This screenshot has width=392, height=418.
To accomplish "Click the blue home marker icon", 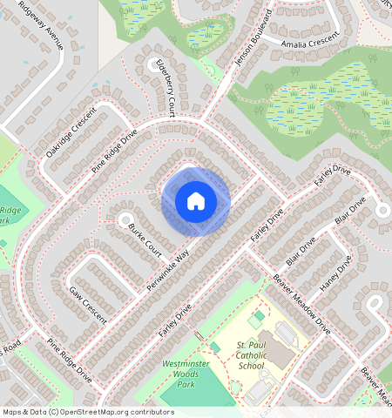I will point(196,202).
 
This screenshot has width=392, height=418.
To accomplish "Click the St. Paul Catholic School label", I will point(251,355).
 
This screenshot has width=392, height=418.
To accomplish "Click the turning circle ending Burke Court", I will point(125,220).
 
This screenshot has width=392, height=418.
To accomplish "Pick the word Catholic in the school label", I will point(251,355).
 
